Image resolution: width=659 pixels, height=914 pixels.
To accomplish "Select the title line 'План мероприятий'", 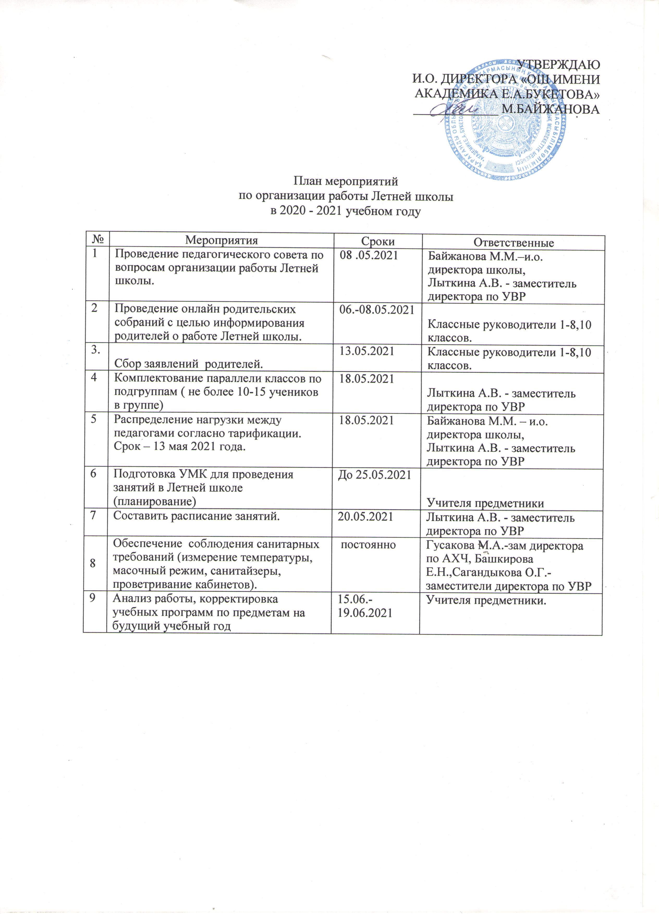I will pyautogui.click(x=345, y=182).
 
